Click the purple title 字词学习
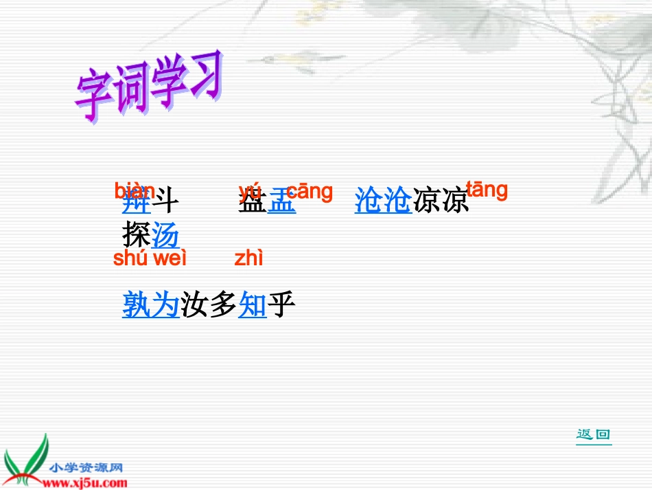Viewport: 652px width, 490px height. click(x=150, y=87)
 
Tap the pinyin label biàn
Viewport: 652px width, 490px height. click(x=135, y=189)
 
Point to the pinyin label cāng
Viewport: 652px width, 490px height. click(x=309, y=192)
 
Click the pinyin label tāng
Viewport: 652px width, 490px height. click(x=487, y=190)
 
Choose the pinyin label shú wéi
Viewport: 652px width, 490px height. click(x=150, y=258)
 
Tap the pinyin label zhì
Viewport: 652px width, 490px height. click(x=248, y=258)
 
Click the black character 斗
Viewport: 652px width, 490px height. click(x=165, y=202)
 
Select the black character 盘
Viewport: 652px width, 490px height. click(x=252, y=202)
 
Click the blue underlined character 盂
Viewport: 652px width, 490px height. click(x=281, y=202)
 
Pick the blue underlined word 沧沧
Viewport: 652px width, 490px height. click(x=383, y=201)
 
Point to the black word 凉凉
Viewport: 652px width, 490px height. click(x=441, y=201)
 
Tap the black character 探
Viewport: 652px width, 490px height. click(x=136, y=236)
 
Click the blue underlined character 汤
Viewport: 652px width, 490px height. click(x=165, y=236)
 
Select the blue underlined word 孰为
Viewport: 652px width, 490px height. click(x=150, y=304)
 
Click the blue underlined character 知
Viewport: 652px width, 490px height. click(x=252, y=304)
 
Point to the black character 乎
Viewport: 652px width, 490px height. click(x=281, y=304)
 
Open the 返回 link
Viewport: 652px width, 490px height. click(x=594, y=434)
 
